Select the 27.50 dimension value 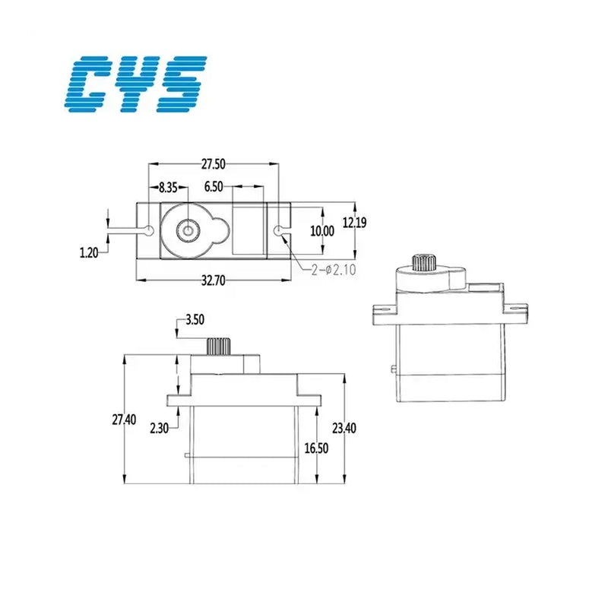(x=214, y=163)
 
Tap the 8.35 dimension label (x=169, y=187)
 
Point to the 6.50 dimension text (x=214, y=187)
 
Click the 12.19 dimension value (x=353, y=223)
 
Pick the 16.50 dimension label (x=316, y=448)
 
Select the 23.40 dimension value (x=344, y=428)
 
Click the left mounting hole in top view (x=149, y=230)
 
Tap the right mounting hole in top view (x=282, y=230)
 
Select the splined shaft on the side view (x=219, y=346)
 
